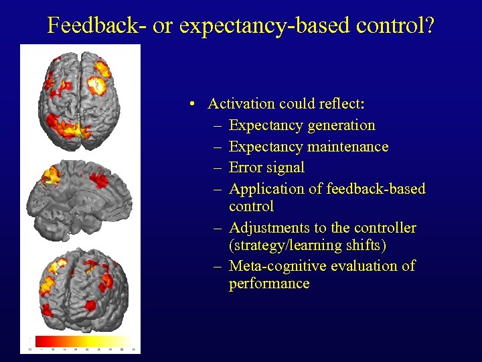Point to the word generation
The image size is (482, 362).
point(342,125)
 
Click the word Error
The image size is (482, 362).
point(246,168)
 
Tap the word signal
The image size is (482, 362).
point(286,168)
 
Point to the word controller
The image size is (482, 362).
point(385,228)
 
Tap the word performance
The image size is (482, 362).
point(268,284)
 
